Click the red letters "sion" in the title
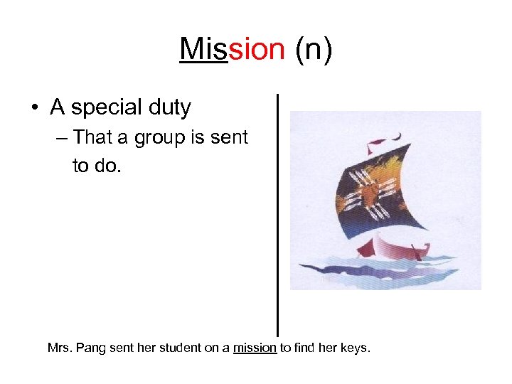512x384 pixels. [256, 50]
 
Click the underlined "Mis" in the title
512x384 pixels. [203, 50]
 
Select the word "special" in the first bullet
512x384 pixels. [105, 108]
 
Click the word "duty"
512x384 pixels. [169, 108]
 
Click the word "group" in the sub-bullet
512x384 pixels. [159, 137]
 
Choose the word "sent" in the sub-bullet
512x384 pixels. [229, 137]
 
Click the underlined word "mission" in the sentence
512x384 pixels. [255, 348]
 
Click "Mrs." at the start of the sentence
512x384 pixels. [59, 348]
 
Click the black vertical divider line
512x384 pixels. [277, 213]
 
